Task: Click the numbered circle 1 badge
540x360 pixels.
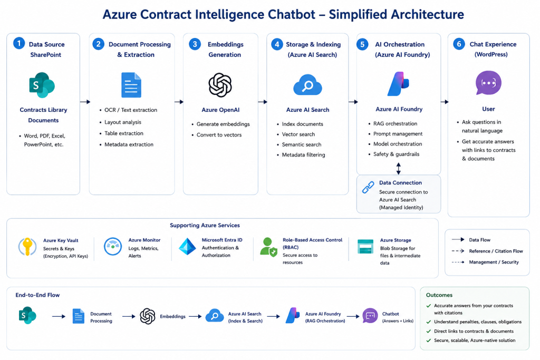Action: click(x=19, y=43)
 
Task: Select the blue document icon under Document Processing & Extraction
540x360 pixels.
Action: click(x=131, y=85)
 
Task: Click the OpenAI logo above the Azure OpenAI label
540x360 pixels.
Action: click(x=220, y=85)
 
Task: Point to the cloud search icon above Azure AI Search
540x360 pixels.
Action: click(x=307, y=85)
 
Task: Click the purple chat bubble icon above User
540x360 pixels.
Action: click(x=488, y=83)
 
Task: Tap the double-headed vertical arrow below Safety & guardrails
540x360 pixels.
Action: click(x=399, y=168)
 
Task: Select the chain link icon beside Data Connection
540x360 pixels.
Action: click(x=368, y=188)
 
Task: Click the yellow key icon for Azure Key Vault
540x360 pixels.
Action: click(x=27, y=247)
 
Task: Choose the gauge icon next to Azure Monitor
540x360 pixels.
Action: click(x=113, y=247)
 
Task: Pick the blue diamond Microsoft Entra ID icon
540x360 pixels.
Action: click(x=187, y=247)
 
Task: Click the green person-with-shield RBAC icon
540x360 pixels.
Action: click(x=268, y=247)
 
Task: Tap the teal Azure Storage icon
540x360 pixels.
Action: click(x=365, y=247)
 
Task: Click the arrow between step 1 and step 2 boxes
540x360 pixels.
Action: click(x=85, y=102)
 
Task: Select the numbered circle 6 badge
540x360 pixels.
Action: click(x=459, y=44)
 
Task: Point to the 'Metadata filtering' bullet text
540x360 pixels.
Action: click(x=303, y=155)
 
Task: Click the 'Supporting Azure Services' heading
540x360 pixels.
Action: click(x=205, y=226)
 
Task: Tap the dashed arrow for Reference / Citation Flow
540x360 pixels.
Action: click(x=458, y=251)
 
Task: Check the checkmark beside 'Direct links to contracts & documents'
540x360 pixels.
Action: click(x=428, y=332)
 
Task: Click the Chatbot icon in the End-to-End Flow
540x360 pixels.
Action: click(x=370, y=316)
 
